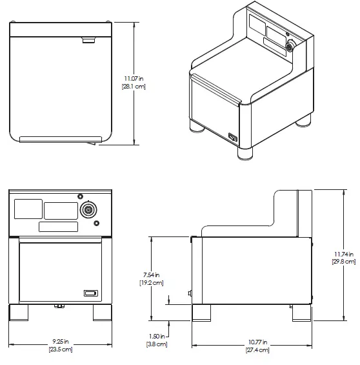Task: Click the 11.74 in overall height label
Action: [x=343, y=253]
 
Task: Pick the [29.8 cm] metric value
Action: [x=343, y=262]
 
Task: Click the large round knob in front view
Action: [x=88, y=210]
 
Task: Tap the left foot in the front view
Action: [x=19, y=312]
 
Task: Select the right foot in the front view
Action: [x=103, y=312]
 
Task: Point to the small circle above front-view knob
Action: [x=80, y=196]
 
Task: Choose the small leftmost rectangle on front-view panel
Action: [x=28, y=209]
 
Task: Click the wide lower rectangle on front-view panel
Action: [x=59, y=227]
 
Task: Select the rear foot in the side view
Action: [x=300, y=313]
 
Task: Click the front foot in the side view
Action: [x=202, y=313]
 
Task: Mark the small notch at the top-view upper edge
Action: [x=87, y=41]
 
